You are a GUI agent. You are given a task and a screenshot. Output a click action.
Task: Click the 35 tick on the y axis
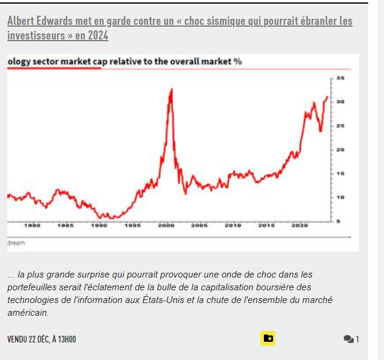(x=340, y=78)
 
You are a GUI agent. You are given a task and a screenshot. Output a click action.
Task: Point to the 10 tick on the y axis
(x=340, y=198)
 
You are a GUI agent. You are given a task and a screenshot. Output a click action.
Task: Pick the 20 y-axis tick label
(x=340, y=150)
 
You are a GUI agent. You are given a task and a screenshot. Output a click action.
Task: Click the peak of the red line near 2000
(x=172, y=90)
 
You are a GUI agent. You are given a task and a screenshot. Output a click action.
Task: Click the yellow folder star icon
(x=268, y=338)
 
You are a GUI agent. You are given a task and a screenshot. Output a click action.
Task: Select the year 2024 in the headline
(x=98, y=36)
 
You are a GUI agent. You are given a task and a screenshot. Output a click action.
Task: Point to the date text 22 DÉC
(x=39, y=339)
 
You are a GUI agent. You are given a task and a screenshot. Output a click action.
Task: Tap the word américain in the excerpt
(x=28, y=313)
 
